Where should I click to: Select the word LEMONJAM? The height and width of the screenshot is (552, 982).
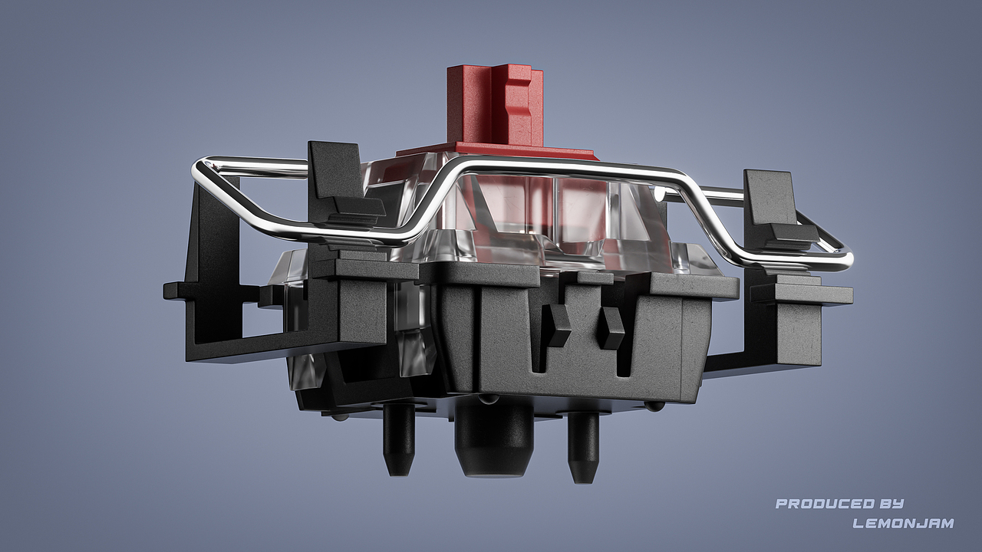[x=903, y=523]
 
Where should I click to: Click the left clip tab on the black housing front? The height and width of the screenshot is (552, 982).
[x=557, y=325]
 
